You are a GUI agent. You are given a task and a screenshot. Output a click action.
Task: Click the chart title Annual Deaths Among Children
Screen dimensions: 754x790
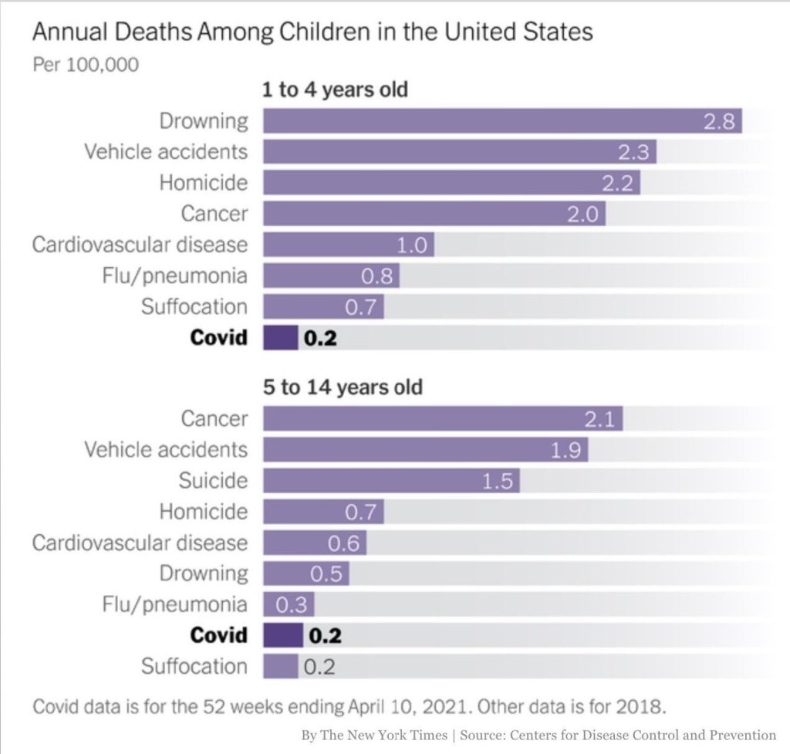pyautogui.click(x=312, y=32)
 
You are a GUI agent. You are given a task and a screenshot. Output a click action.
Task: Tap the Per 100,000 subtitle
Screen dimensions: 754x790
pyautogui.click(x=86, y=64)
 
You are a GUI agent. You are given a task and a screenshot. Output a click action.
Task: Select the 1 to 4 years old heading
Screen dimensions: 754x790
pyautogui.click(x=335, y=90)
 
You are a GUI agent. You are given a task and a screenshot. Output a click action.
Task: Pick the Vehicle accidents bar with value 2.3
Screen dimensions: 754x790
pyautogui.click(x=459, y=152)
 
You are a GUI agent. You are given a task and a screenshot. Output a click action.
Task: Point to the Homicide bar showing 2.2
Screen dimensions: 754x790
pyautogui.click(x=451, y=183)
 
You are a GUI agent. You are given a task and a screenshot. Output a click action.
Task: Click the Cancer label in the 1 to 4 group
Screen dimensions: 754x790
pyautogui.click(x=214, y=213)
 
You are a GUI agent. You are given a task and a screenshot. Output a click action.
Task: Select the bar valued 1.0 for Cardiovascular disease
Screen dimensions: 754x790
pyautogui.click(x=349, y=245)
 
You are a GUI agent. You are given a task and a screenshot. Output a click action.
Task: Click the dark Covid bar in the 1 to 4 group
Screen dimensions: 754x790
pyautogui.click(x=281, y=337)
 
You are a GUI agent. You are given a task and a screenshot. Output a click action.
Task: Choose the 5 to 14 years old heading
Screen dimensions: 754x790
pyautogui.click(x=343, y=387)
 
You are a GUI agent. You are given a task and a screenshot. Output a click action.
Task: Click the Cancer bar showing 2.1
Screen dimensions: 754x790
pyautogui.click(x=443, y=418)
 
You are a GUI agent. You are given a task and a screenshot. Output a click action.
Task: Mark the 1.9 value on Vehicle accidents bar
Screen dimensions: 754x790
pyautogui.click(x=567, y=449)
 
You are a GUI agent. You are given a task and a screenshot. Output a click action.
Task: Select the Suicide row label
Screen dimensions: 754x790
pyautogui.click(x=213, y=481)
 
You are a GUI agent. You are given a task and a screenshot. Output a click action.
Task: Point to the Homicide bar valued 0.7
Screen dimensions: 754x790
pyautogui.click(x=323, y=511)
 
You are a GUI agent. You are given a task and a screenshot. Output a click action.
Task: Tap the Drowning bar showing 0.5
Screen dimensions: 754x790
pyautogui.click(x=306, y=573)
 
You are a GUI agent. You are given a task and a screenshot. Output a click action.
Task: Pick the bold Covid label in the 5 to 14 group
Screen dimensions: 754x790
pyautogui.click(x=219, y=635)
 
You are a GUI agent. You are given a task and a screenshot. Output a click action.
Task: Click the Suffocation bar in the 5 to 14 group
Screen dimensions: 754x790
pyautogui.click(x=281, y=666)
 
